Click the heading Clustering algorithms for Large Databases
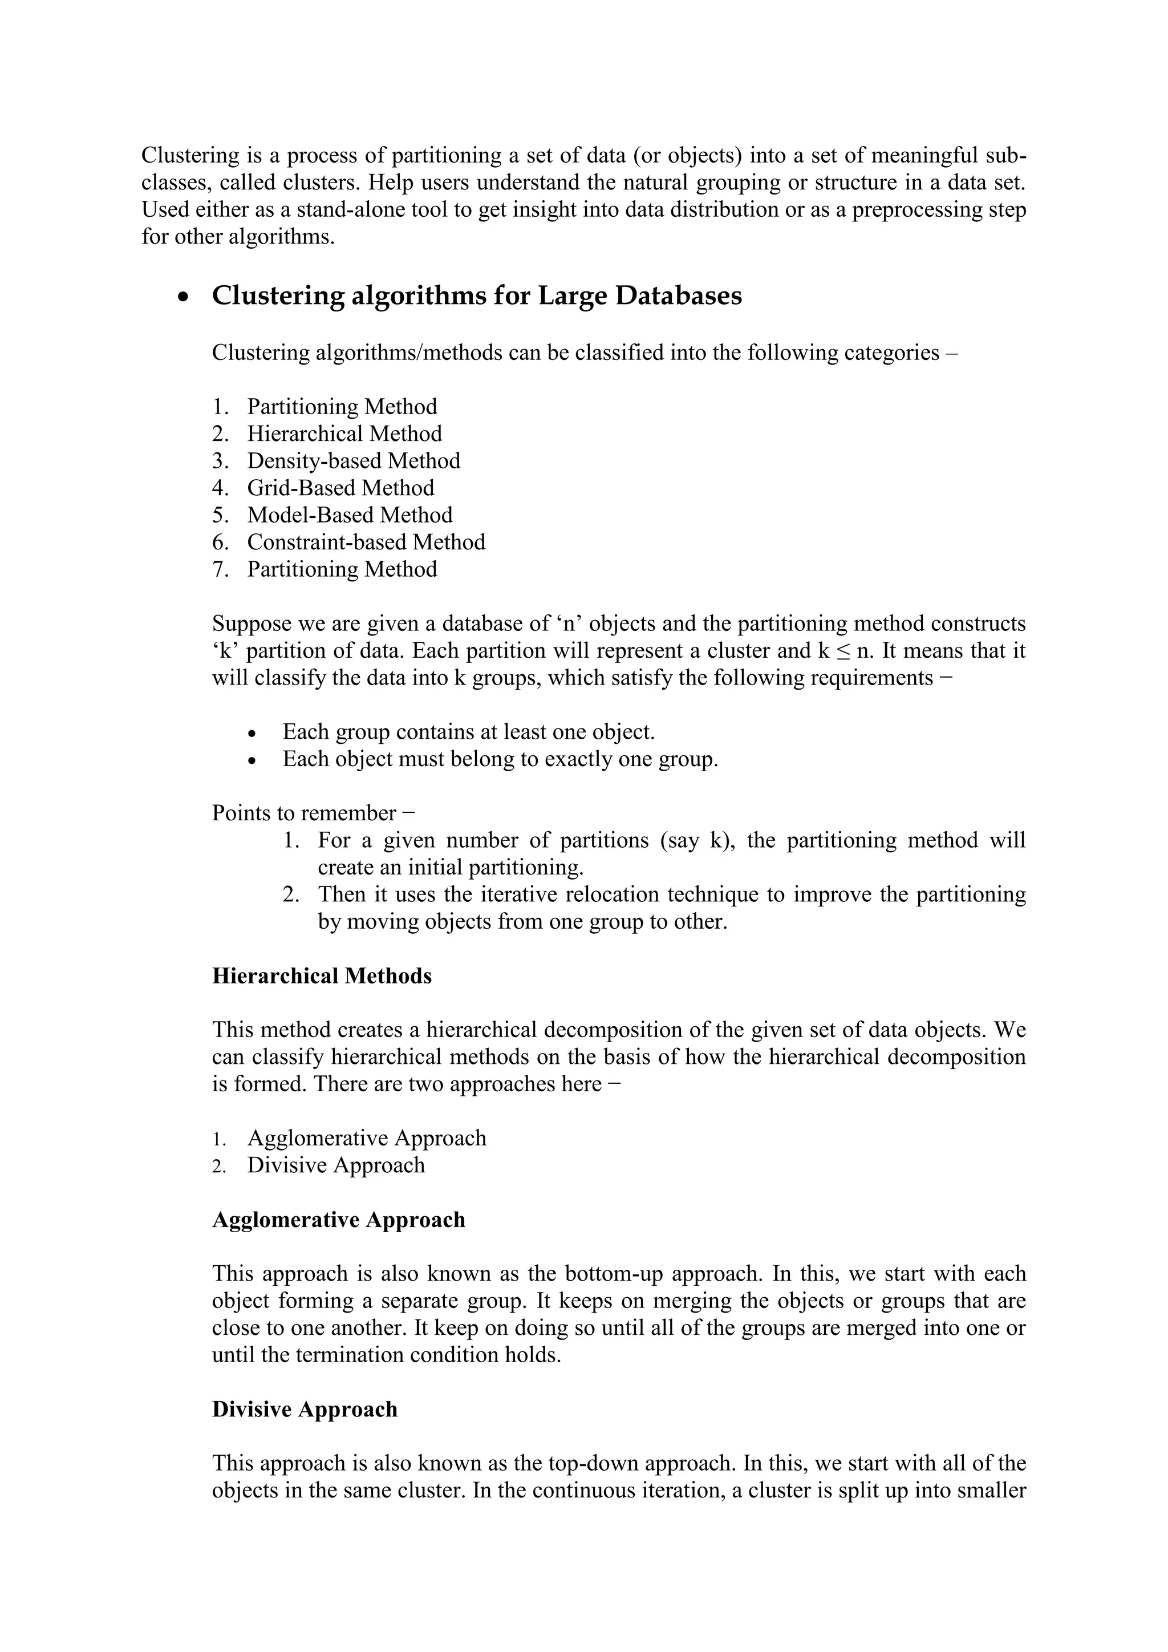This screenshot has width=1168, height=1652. click(x=476, y=295)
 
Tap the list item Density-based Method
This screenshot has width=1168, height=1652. click(x=353, y=460)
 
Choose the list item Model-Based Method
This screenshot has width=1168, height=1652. click(x=350, y=515)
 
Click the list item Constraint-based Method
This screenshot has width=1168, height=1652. click(x=366, y=542)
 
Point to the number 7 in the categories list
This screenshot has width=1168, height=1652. click(x=218, y=569)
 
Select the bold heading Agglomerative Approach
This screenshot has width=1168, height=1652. click(x=338, y=1220)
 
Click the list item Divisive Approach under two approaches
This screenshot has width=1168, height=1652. click(x=336, y=1165)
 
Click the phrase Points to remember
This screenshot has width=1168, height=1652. click(x=303, y=813)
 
